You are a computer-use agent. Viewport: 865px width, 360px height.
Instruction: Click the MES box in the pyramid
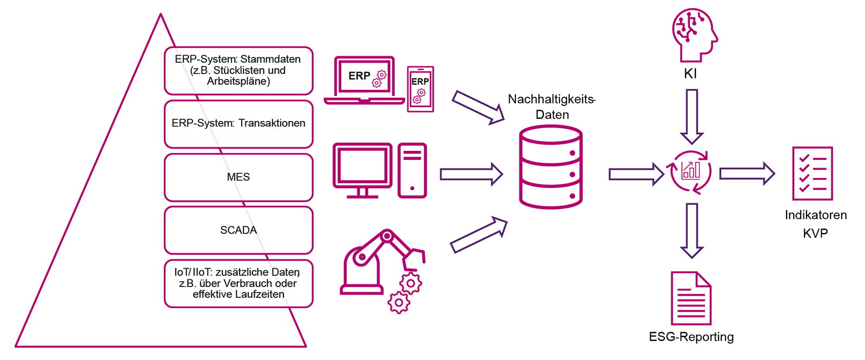point(238,177)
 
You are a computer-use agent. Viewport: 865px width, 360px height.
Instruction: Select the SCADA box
point(238,230)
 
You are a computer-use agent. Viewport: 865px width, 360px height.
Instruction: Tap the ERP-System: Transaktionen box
point(238,124)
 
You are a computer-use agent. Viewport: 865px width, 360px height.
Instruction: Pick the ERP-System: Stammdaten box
point(238,70)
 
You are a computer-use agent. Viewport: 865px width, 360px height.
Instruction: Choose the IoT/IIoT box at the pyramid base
point(238,283)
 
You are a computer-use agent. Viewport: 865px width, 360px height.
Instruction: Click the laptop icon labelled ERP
point(364,80)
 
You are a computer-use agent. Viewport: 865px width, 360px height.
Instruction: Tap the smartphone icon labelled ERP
point(420,89)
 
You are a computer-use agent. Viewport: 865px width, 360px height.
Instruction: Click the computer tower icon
point(412,170)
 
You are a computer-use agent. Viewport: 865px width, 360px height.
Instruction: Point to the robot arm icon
point(382,268)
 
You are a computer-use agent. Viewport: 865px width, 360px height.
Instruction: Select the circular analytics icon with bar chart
point(690,172)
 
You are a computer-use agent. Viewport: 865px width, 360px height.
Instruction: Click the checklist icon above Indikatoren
point(812,174)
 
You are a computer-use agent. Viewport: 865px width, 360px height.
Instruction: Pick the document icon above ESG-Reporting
point(690,298)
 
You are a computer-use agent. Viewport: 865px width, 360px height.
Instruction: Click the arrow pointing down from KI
point(691,116)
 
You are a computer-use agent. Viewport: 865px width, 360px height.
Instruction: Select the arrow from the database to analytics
point(636,174)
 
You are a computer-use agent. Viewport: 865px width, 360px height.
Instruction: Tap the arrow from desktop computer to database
point(471,174)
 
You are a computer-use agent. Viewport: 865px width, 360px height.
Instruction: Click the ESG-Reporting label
point(691,337)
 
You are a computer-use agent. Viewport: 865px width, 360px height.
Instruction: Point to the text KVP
point(815,234)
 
